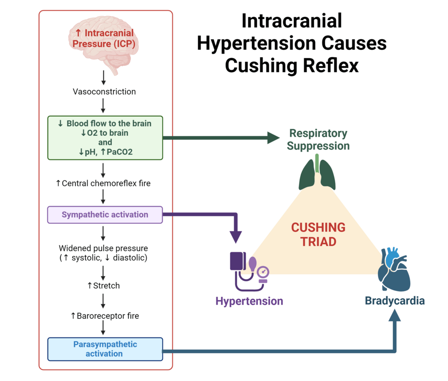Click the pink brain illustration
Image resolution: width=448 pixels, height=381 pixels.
click(104, 43)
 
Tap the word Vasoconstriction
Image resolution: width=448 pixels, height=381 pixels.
click(104, 92)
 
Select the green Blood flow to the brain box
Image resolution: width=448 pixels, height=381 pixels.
click(105, 138)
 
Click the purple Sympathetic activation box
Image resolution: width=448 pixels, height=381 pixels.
click(105, 214)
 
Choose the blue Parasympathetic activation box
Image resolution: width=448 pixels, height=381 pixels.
click(105, 349)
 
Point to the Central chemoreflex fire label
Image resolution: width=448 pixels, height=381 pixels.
click(103, 183)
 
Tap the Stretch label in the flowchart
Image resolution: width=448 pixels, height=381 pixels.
click(104, 286)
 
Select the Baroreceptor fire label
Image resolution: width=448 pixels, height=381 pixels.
click(105, 316)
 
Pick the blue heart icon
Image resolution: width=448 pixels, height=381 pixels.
click(394, 270)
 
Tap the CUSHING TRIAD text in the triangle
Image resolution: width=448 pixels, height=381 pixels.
click(318, 234)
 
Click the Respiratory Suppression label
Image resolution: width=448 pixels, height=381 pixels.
click(318, 139)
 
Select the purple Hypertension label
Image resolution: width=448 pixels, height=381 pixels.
click(249, 301)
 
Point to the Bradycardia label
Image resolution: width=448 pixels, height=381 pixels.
click(394, 301)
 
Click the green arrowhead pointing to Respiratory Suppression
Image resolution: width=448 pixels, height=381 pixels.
click(273, 137)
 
